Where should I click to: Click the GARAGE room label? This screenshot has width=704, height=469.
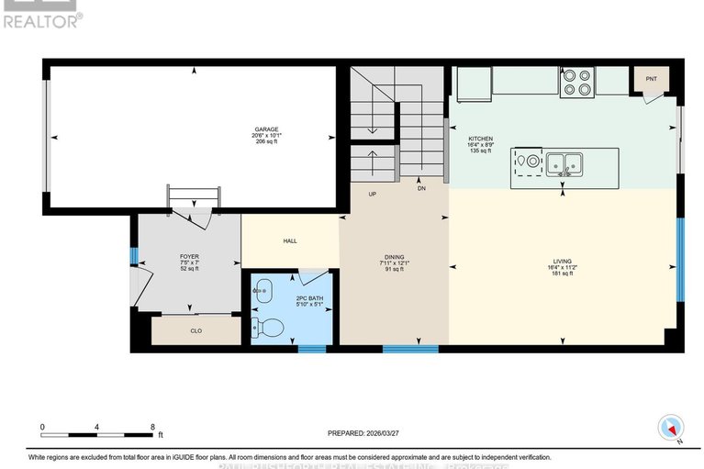[x=267, y=129]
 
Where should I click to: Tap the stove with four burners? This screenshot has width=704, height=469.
[x=577, y=81]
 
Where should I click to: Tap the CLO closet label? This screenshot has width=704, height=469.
[x=196, y=331]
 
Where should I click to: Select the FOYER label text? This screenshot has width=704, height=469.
[x=190, y=257]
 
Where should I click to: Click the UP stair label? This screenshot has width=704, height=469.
[x=372, y=195]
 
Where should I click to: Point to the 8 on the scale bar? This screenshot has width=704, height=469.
[x=151, y=427]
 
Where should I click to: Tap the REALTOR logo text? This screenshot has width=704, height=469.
[x=42, y=18]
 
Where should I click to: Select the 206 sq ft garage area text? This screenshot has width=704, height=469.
[x=267, y=142]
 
